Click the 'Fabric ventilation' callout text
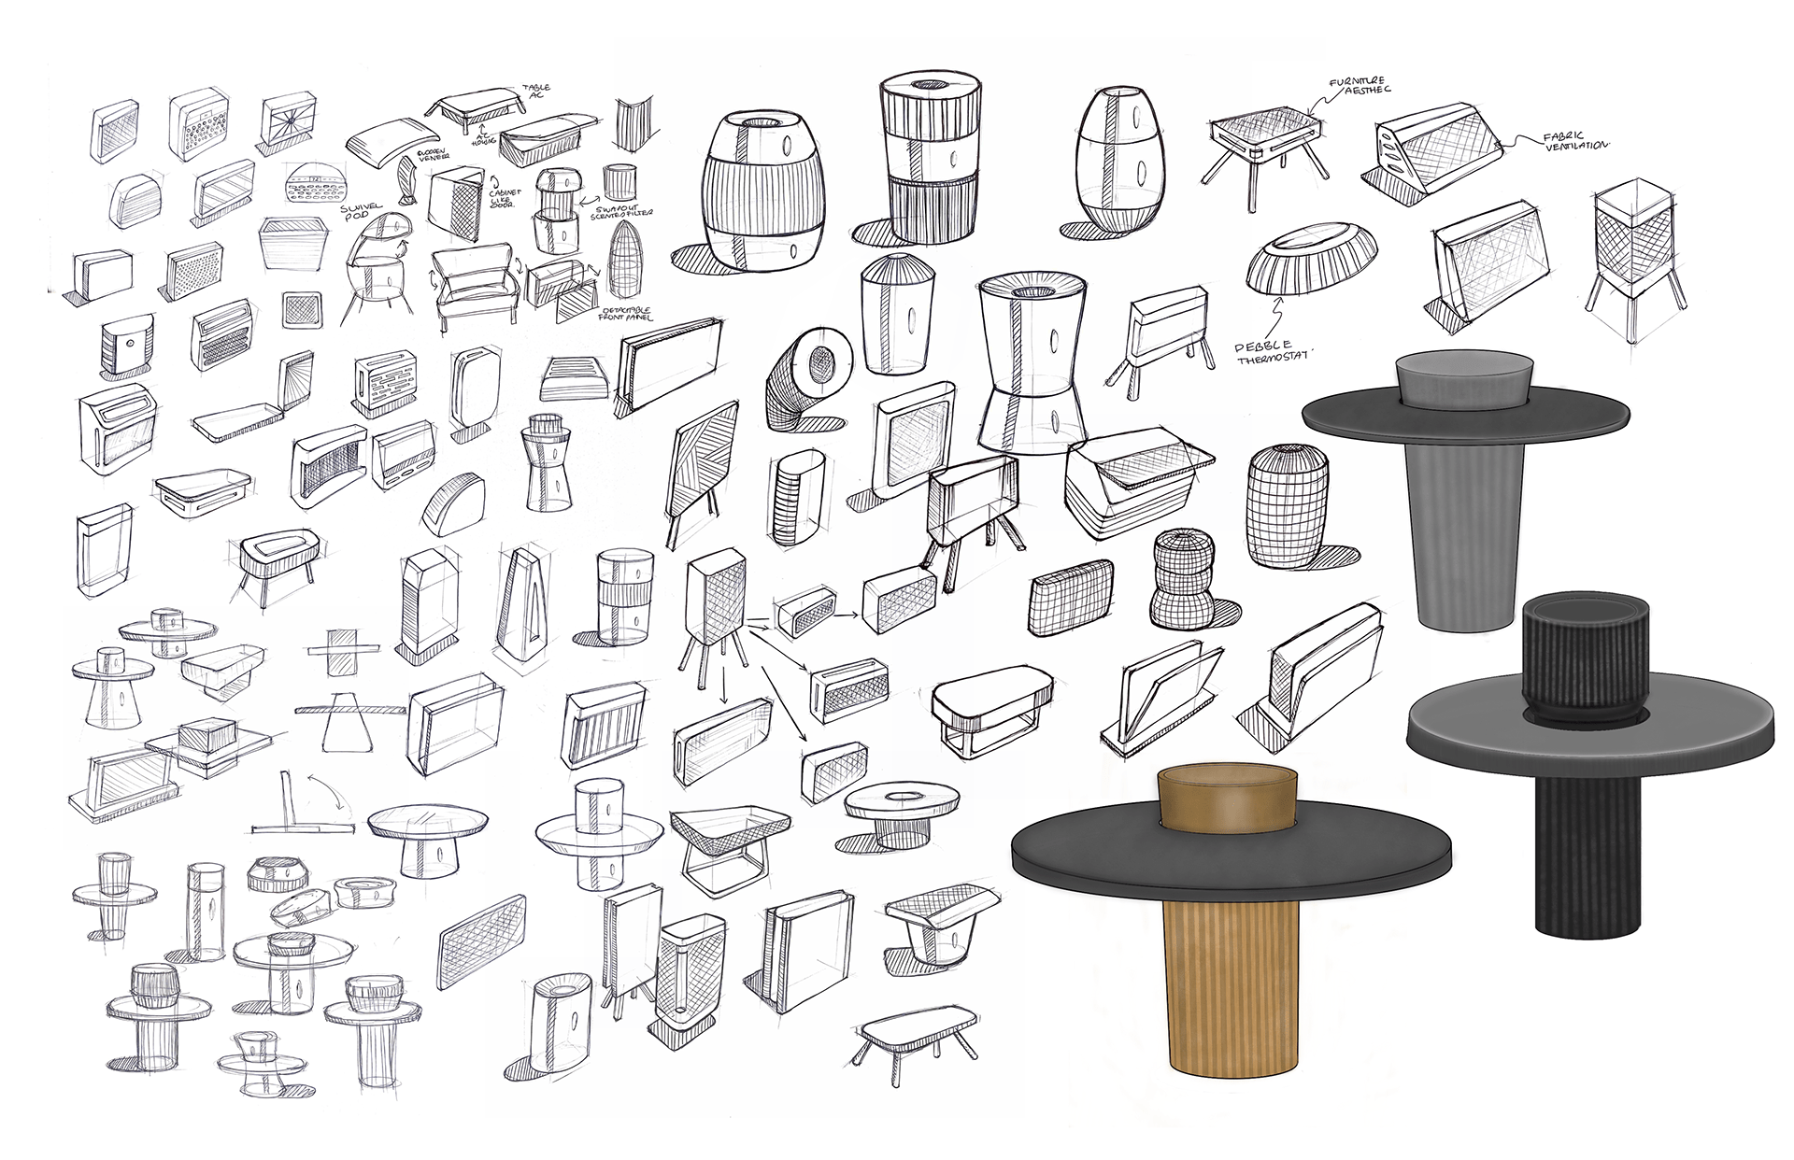(1570, 142)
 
